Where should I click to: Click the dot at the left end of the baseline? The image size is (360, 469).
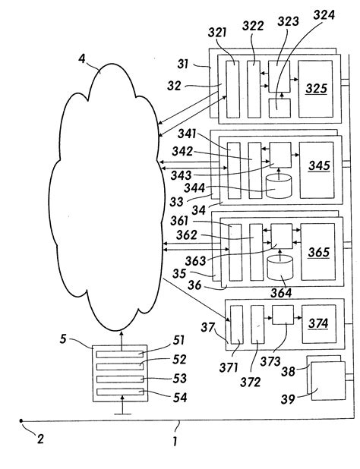22,421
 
